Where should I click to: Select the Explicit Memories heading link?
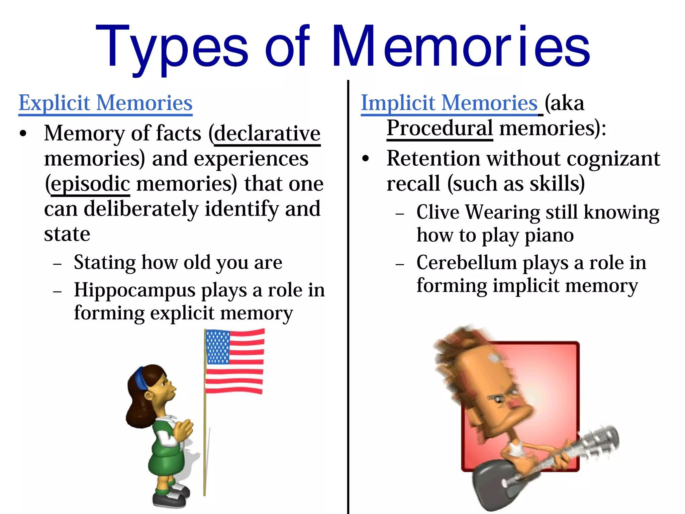(x=105, y=103)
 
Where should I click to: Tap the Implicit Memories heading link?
(x=449, y=103)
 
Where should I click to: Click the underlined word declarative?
(x=267, y=134)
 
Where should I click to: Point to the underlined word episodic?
(x=90, y=184)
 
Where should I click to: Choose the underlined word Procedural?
(x=439, y=128)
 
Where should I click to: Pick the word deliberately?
(x=141, y=209)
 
